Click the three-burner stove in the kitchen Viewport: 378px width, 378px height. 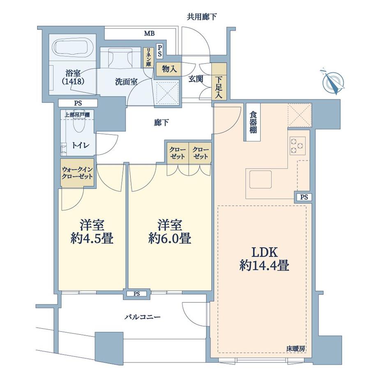pos(297,146)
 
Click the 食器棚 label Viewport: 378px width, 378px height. pos(253,122)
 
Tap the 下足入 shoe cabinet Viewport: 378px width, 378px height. pos(219,82)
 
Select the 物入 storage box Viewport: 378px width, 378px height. pos(169,69)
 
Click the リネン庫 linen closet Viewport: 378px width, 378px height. pos(148,58)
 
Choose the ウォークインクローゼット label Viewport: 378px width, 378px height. pos(77,173)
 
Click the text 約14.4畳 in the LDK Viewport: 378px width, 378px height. pos(264,266)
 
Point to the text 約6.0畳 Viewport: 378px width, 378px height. pos(170,238)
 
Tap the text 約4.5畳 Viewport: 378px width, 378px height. pos(92,238)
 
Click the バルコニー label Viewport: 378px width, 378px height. pos(143,317)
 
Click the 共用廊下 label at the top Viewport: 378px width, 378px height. pos(202,16)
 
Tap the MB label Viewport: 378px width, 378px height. pos(149,34)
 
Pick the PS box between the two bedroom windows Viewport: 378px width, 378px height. pos(137,294)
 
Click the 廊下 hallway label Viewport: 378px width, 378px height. pos(161,123)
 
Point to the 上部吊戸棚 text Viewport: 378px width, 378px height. pos(77,115)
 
